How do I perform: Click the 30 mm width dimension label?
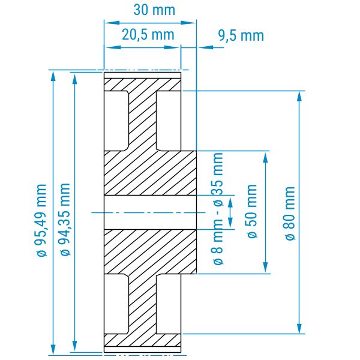pos(154,10)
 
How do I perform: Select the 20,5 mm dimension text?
pos(148,35)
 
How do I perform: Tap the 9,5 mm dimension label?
pos(241,36)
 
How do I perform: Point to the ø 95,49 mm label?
pos(42,220)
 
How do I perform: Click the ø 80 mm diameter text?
pos(290,214)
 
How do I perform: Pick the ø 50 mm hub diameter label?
pos(252,211)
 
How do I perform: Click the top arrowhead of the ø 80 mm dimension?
pos(299,96)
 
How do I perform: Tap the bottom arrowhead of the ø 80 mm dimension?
pos(299,328)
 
